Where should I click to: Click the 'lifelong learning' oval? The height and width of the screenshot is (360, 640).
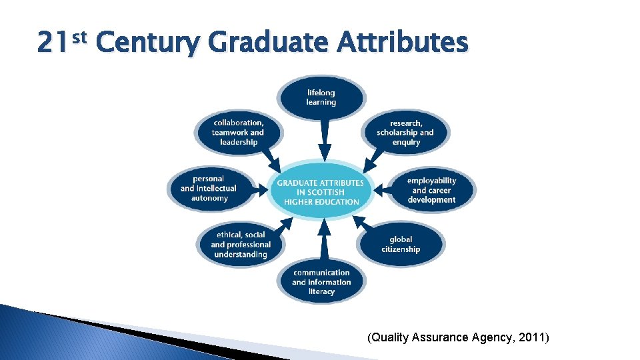pos(321,98)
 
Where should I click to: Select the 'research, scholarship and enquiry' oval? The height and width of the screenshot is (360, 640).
pos(405,132)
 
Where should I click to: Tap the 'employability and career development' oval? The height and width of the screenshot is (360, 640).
pos(431,190)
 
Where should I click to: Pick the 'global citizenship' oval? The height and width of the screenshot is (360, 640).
pos(401,244)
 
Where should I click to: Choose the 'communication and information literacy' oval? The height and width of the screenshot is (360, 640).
pos(321,282)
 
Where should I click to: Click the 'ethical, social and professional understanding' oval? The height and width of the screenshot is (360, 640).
pos(241,245)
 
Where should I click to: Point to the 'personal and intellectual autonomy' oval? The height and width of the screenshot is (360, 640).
pos(209,189)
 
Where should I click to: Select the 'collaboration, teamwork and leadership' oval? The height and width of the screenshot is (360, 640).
pos(239,132)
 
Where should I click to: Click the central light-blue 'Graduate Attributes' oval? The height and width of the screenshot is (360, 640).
pos(321,192)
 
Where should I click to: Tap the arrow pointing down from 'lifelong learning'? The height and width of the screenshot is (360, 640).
pos(324,142)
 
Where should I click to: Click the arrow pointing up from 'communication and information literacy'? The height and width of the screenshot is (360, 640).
pos(323,239)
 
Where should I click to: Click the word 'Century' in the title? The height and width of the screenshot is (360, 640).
pos(147,43)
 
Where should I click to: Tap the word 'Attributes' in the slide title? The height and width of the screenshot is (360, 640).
pos(403,43)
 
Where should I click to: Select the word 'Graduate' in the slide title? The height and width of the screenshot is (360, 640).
pos(268,43)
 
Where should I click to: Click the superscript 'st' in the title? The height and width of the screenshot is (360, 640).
pos(79,37)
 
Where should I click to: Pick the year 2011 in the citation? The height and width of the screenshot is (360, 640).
pos(533,338)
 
